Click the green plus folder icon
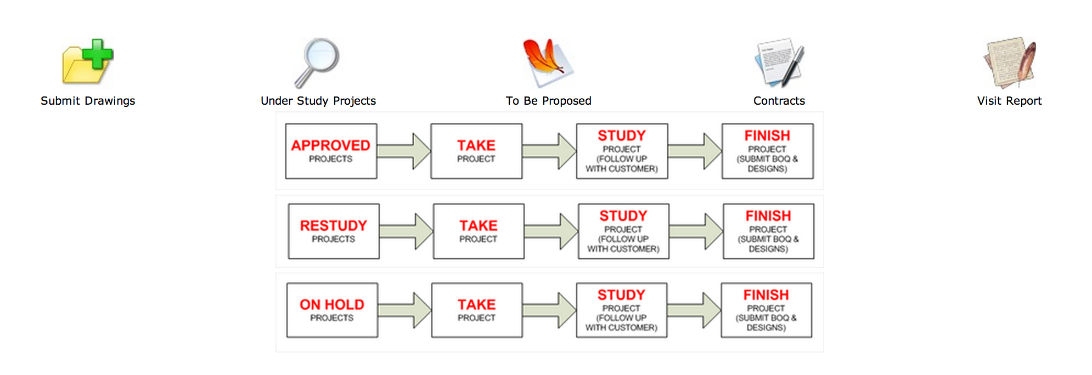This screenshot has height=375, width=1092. (x=88, y=62)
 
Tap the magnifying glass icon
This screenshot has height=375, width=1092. (x=317, y=62)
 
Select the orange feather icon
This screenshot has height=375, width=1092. (x=548, y=62)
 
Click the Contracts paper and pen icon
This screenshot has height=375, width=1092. (x=779, y=62)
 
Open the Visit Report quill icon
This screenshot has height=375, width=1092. (x=1010, y=62)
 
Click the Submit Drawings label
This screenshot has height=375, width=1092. (x=88, y=101)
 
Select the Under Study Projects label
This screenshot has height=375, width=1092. (x=318, y=101)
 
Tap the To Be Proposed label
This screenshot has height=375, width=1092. (x=549, y=101)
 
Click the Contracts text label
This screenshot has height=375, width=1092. (x=779, y=101)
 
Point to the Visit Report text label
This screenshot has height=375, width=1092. (x=1010, y=101)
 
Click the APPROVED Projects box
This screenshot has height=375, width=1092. (x=331, y=151)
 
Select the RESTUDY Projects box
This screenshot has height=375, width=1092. (x=334, y=231)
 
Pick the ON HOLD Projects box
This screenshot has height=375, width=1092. (x=332, y=310)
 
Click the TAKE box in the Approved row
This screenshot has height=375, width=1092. (x=476, y=151)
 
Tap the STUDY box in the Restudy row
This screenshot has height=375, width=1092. (x=623, y=231)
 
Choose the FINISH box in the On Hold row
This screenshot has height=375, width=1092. (x=766, y=310)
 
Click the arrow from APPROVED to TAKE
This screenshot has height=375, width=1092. (x=404, y=151)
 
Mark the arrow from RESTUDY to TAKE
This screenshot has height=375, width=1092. (x=406, y=231)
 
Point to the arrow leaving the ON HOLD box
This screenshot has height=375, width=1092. (x=404, y=310)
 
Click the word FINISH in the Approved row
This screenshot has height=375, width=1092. (x=767, y=135)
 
